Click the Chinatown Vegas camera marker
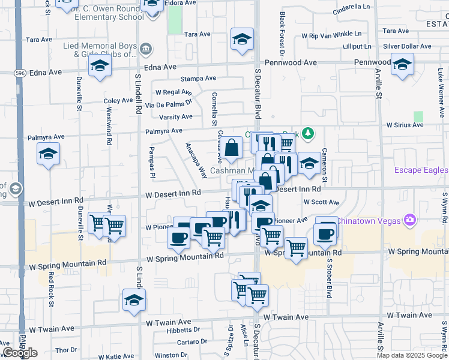pos(411,220)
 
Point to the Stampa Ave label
pos(198,79)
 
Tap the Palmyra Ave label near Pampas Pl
pos(163,130)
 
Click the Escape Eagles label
pos(421,170)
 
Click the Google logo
pos(19,353)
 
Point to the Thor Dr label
pos(62,350)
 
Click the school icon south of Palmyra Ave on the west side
pos(48,154)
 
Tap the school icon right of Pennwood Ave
pos(402,64)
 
